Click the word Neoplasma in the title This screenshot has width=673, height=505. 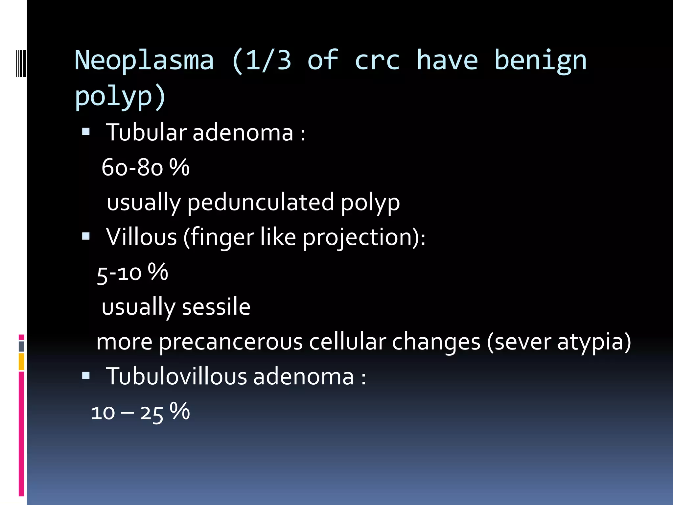(x=144, y=61)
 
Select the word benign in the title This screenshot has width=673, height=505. (x=540, y=61)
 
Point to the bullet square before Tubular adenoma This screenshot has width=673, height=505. (x=86, y=132)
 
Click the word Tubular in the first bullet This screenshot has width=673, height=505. (x=146, y=132)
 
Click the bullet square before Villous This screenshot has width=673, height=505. (x=86, y=236)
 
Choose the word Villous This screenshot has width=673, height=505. (x=141, y=237)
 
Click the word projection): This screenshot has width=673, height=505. (x=364, y=237)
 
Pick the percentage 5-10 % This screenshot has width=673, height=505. (x=132, y=273)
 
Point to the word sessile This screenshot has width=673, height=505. (x=216, y=307)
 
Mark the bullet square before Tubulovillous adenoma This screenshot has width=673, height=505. (x=86, y=375)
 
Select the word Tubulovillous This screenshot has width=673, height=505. (x=176, y=376)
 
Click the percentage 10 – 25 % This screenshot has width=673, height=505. (x=140, y=412)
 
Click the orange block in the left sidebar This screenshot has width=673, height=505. (x=21, y=362)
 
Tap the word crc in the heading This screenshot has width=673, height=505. (x=377, y=61)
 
